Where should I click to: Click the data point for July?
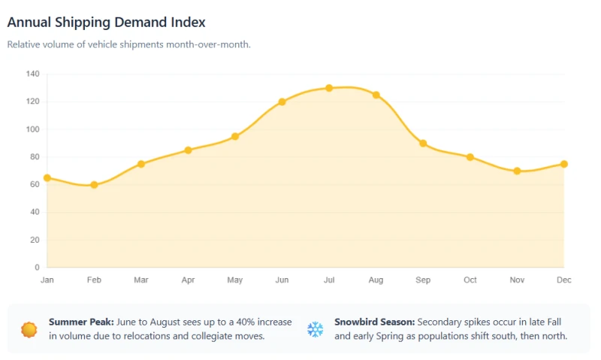coord(329,88)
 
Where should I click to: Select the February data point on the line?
coord(94,185)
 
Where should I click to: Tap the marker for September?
coord(423,144)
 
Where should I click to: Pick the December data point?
coord(564,164)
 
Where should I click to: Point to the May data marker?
coord(235,137)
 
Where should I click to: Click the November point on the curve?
coord(517,171)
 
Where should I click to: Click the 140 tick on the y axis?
coord(32,74)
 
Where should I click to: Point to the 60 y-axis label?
coord(35,184)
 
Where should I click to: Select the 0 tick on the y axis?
coord(37,268)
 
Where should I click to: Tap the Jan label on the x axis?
coord(47,280)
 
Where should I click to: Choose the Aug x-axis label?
coord(376,280)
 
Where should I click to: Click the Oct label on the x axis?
coord(470,280)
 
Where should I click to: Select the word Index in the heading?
coord(188,23)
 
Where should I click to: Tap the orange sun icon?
coord(29,330)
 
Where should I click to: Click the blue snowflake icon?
coord(315,329)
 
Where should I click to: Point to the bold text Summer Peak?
coord(81,322)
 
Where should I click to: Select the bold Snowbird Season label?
coord(374,322)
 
